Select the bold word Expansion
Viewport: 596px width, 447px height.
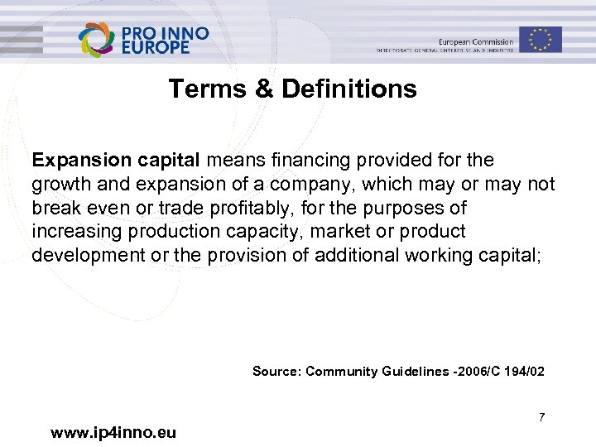tap(76, 160)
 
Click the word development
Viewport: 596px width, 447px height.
tap(86, 255)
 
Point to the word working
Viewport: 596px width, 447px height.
tap(438, 255)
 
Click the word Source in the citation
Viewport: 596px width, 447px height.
tap(276, 372)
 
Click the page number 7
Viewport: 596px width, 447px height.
tap(541, 417)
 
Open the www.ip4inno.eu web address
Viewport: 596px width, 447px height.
tap(113, 432)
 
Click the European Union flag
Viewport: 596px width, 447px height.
tap(541, 39)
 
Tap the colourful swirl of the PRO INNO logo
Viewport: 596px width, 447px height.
tap(97, 40)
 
